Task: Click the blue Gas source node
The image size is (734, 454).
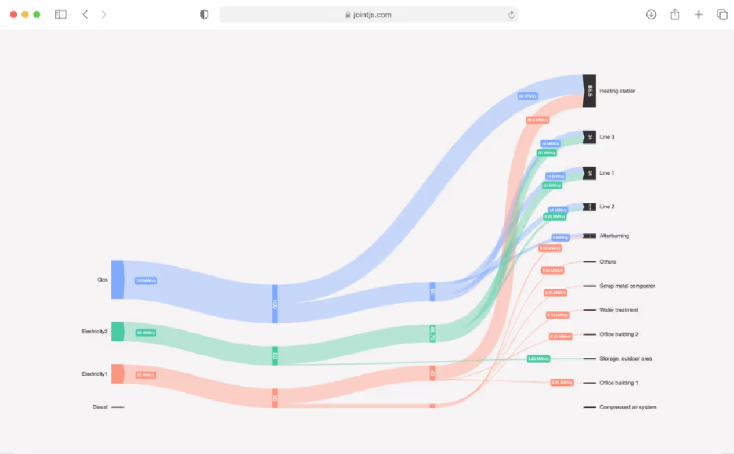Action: click(117, 280)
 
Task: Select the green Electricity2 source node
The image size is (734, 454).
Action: click(117, 332)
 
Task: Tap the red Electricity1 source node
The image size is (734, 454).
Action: click(117, 374)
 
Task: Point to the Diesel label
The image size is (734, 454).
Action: click(100, 407)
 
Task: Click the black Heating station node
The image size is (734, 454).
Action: click(589, 91)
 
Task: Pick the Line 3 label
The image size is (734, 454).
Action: click(607, 137)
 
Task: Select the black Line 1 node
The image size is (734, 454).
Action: click(589, 173)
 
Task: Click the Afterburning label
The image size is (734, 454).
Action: click(614, 236)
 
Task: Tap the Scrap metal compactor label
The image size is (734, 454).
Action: click(627, 286)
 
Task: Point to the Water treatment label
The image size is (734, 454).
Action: click(619, 310)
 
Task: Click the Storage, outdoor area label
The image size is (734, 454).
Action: click(625, 359)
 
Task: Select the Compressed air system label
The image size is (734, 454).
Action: click(628, 408)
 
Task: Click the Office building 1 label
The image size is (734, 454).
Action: click(619, 383)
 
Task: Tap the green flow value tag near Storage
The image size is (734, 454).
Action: click(538, 359)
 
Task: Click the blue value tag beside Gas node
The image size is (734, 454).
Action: click(146, 281)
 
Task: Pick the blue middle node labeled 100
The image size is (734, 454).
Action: click(275, 304)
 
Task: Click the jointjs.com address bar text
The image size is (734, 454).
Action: click(372, 15)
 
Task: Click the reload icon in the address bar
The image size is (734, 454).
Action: click(511, 15)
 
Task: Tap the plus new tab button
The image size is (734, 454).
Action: click(699, 15)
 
